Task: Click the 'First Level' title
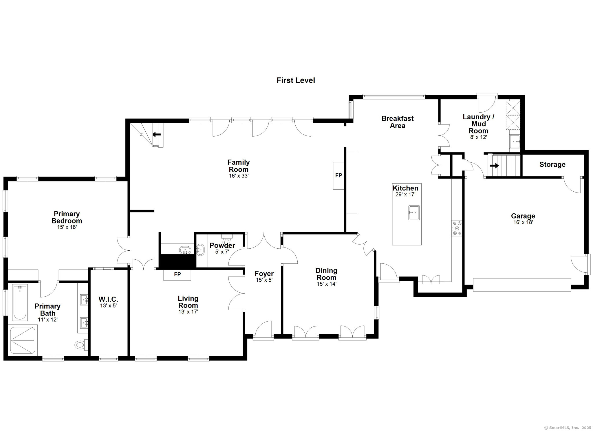296,80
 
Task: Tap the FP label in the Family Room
338,175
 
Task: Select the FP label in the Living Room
177,274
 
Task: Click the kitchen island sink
414,213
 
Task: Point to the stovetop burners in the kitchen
457,228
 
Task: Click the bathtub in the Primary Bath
20,302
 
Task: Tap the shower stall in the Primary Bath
23,340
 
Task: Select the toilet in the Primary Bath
81,344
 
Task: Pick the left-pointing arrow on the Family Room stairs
157,134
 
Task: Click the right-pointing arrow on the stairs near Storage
495,166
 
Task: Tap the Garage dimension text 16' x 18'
523,222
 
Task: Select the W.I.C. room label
108,299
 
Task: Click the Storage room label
552,164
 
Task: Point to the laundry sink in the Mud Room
515,142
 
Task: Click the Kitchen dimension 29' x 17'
405,195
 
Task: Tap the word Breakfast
398,118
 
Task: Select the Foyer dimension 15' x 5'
264,280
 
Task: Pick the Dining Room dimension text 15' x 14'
326,284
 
